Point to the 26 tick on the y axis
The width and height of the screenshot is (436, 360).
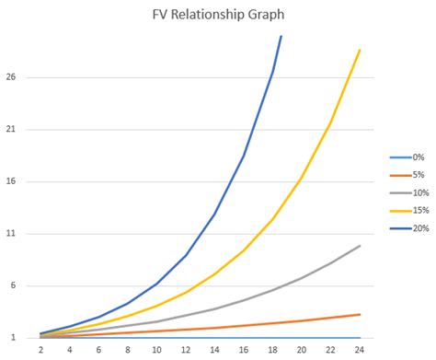click(10, 77)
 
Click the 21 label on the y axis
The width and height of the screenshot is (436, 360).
click(10, 130)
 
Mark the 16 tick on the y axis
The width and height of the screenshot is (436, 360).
click(10, 181)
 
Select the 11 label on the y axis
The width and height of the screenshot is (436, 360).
click(10, 234)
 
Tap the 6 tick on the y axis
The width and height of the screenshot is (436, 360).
click(13, 285)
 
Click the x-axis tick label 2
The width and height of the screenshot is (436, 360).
click(40, 350)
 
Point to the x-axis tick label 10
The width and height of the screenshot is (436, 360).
click(156, 350)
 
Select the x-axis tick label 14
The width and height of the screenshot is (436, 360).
click(214, 350)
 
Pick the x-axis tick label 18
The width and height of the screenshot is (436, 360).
click(272, 350)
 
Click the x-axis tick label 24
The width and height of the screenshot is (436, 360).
click(360, 350)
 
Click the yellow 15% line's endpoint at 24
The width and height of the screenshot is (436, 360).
click(360, 50)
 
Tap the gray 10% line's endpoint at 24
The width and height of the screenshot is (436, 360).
click(360, 246)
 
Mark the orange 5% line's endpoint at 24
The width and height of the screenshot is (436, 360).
click(360, 315)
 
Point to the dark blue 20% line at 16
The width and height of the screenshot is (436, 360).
click(244, 156)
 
